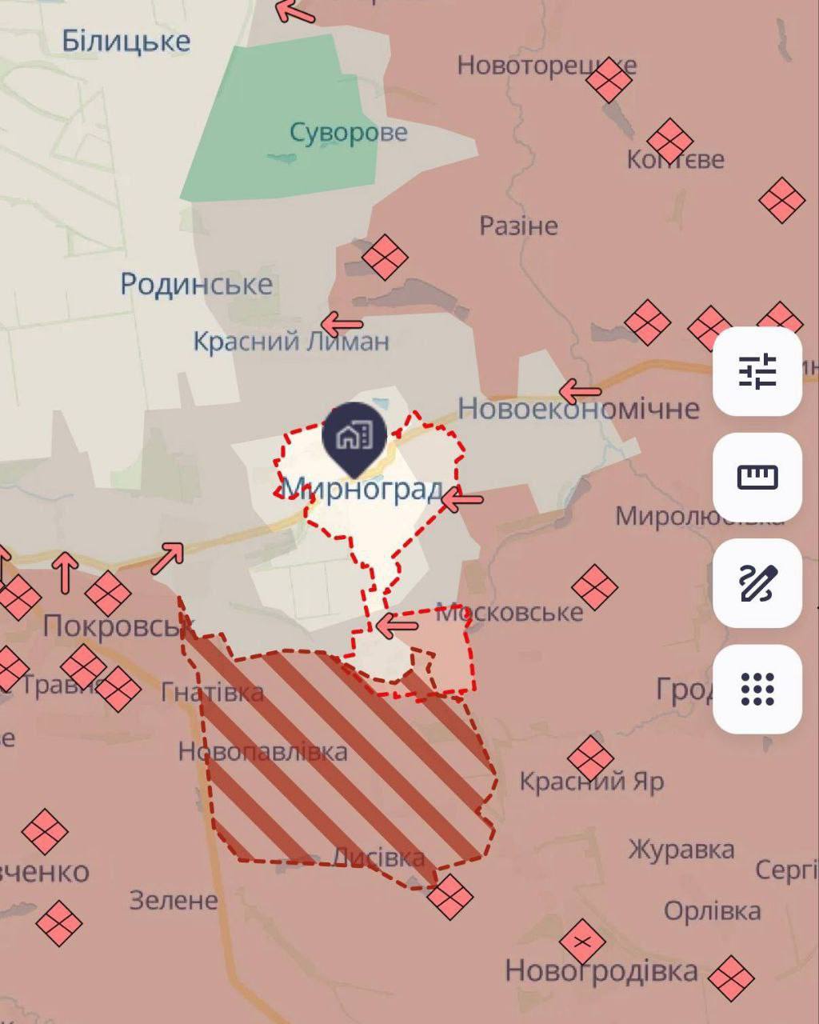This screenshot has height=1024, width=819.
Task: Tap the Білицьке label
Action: tap(126, 41)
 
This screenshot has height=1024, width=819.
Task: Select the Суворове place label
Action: tap(348, 132)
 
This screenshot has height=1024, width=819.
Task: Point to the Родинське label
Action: tap(196, 284)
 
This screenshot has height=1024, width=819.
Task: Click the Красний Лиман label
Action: tap(291, 342)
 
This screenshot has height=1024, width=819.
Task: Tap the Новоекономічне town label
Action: tap(578, 409)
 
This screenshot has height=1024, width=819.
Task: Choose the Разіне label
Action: tap(518, 226)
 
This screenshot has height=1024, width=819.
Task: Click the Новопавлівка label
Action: tap(262, 751)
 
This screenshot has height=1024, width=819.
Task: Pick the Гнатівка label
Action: tap(212, 691)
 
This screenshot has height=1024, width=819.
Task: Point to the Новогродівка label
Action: tap(601, 971)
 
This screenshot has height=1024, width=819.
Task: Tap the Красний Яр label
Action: tap(592, 781)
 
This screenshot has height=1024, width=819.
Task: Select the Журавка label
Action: tap(681, 849)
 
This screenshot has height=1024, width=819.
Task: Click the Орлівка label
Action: tap(712, 910)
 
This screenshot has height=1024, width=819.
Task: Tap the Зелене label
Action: tap(174, 901)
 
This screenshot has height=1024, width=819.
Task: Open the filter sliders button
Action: tap(757, 371)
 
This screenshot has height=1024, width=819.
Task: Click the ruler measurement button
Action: tap(757, 478)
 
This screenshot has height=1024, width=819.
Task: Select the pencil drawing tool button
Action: tap(757, 583)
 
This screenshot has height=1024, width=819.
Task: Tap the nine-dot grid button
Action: tap(757, 689)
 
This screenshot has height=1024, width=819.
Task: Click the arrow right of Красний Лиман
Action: tap(342, 325)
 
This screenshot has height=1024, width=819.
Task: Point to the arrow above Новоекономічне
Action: tap(580, 391)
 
